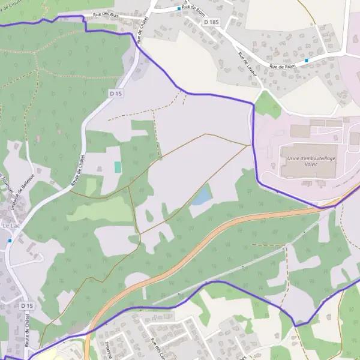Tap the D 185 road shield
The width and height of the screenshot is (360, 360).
(212, 22)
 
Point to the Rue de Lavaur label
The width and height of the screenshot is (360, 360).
(245, 62)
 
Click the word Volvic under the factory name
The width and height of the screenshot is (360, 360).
(311, 164)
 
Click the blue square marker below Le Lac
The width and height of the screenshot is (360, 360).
(10, 241)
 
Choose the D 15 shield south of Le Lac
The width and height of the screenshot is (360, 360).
(26, 306)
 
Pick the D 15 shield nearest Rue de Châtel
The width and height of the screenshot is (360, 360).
(116, 94)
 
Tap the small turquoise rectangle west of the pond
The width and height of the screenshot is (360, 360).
(118, 167)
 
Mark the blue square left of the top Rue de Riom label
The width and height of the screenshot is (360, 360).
(179, 9)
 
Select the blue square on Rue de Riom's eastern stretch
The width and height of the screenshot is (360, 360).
(307, 60)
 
